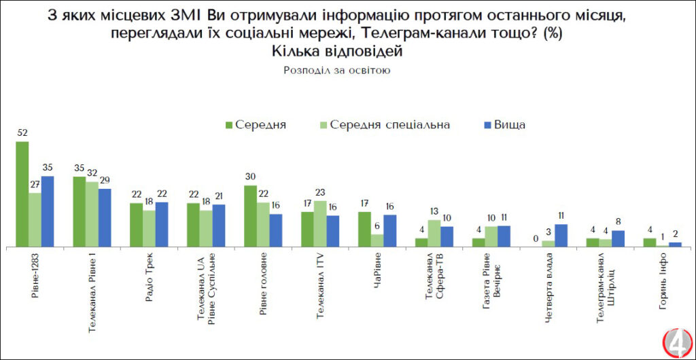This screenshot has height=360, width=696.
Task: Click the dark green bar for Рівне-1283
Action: coord(22,194)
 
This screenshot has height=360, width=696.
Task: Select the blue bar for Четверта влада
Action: coord(561,235)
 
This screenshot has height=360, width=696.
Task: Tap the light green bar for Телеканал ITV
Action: coord(319,223)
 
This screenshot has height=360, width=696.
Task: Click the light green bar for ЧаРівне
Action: coord(377,240)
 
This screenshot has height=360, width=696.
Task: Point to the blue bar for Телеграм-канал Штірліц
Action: coord(618,238)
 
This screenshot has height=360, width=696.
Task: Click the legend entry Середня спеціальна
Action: coord(385,125)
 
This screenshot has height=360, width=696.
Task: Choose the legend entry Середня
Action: coord(256,125)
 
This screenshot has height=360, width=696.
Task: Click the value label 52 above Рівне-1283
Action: coord(22,134)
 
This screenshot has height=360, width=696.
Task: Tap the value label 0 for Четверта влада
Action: coord(536,238)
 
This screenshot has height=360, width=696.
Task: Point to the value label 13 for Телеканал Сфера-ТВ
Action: coord(434,212)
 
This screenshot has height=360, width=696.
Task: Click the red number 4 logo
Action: coord(677,342)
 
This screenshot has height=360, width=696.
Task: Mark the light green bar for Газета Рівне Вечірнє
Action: coord(491,236)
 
